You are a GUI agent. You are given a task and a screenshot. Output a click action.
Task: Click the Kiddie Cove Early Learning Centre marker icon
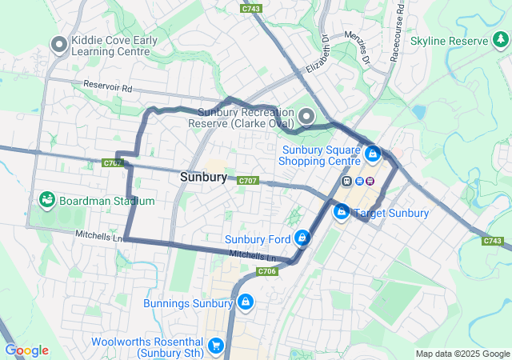pyautogui.click(x=58, y=46)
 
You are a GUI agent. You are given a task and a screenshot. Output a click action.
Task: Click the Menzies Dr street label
pyautogui.click(x=358, y=49)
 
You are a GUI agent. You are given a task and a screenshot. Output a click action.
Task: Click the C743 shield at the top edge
pyautogui.click(x=251, y=8)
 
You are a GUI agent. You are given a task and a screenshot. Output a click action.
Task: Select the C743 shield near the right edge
pyautogui.click(x=494, y=240)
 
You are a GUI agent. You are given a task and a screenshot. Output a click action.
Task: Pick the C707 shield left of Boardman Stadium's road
pyautogui.click(x=113, y=163)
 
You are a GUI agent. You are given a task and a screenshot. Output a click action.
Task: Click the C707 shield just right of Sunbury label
pyautogui.click(x=247, y=181)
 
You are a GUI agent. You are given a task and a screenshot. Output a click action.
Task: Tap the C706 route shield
pyautogui.click(x=267, y=272)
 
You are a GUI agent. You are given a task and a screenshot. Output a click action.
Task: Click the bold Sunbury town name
pyautogui.click(x=203, y=177)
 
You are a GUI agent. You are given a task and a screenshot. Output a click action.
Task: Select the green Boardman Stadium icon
pyautogui.click(x=46, y=200)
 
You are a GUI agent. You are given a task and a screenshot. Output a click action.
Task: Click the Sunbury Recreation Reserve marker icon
pyautogui.click(x=306, y=118)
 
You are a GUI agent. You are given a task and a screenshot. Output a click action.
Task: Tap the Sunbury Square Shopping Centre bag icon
pyautogui.click(x=371, y=153)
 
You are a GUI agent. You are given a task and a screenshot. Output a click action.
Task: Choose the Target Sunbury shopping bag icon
pyautogui.click(x=342, y=212)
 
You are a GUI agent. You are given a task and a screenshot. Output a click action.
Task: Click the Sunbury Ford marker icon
pyautogui.click(x=302, y=238)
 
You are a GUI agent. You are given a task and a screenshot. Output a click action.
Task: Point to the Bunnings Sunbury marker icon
pyautogui.click(x=245, y=303)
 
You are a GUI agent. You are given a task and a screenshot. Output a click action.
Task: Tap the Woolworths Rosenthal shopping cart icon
pyautogui.click(x=215, y=346)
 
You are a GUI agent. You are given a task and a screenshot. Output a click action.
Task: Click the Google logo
pyautogui.click(x=26, y=350)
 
